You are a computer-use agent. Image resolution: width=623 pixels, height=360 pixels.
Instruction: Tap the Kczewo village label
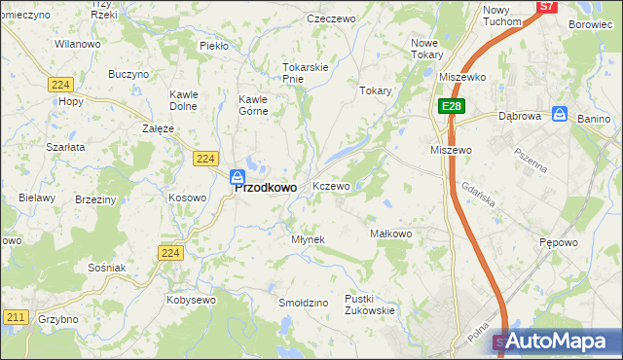click(x=330, y=186)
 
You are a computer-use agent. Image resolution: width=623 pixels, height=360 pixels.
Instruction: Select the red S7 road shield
click(x=547, y=6)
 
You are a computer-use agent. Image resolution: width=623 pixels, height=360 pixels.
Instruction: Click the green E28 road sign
click(x=449, y=106)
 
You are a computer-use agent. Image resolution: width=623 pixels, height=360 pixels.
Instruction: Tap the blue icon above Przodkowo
click(x=237, y=176)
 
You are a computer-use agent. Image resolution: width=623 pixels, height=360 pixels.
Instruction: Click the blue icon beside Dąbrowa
click(x=560, y=114)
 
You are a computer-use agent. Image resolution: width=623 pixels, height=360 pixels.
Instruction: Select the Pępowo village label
click(x=559, y=240)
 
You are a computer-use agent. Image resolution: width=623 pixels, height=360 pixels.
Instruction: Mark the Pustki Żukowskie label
click(x=369, y=305)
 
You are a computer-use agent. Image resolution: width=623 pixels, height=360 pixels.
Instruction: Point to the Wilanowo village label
click(x=78, y=45)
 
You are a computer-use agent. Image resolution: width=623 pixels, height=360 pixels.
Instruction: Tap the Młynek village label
click(x=308, y=239)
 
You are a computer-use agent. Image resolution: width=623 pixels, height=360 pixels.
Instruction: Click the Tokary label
click(x=375, y=90)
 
